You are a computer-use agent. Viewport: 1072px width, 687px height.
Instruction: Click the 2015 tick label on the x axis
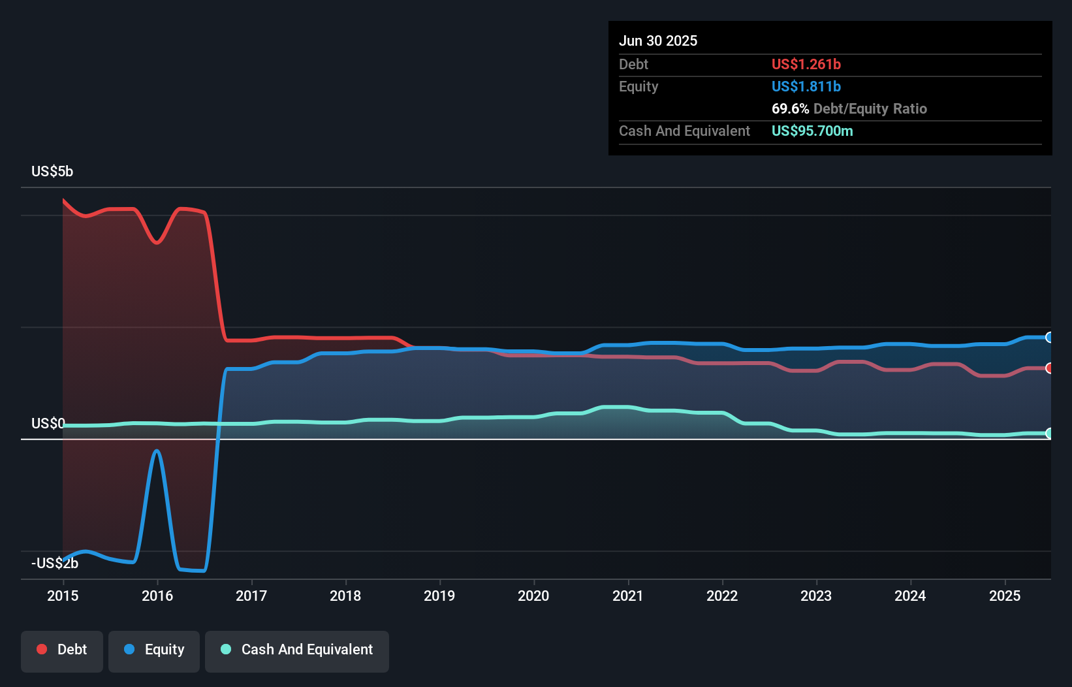(x=63, y=596)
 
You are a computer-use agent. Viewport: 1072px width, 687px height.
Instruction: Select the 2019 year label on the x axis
(x=439, y=596)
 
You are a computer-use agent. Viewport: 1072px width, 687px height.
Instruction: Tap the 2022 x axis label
(x=722, y=596)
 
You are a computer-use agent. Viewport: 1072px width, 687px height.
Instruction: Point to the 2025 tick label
(x=1005, y=596)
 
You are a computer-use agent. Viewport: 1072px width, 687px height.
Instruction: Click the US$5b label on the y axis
(x=52, y=171)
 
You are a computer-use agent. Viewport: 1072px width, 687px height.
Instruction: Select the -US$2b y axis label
(x=55, y=563)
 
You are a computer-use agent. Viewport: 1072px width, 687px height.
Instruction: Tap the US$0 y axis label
(x=48, y=423)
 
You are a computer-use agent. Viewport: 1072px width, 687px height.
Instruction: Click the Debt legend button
(x=62, y=650)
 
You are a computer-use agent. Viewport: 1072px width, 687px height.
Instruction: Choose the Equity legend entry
(x=154, y=650)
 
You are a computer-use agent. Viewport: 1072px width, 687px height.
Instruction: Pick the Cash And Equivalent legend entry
(x=297, y=650)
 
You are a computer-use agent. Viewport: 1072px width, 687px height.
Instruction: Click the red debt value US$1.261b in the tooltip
(x=806, y=64)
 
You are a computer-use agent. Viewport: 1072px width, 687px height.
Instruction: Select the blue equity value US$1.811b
(x=806, y=86)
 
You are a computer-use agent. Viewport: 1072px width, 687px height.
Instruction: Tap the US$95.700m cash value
(x=812, y=131)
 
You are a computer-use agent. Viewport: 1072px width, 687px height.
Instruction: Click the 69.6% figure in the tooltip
(x=790, y=108)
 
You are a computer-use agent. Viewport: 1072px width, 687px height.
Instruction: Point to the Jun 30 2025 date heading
(x=658, y=40)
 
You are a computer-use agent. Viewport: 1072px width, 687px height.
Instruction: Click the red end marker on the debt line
(x=1049, y=368)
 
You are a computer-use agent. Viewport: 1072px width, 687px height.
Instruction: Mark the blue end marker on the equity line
(x=1049, y=338)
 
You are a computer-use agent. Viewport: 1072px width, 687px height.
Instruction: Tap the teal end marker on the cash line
(x=1049, y=433)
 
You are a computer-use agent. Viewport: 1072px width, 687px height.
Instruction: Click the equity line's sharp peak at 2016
(x=157, y=451)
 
